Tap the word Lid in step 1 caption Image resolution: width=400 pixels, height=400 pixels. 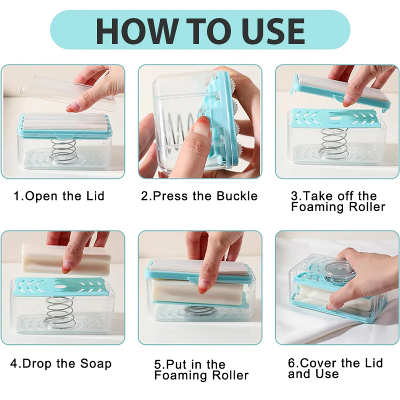(95, 196)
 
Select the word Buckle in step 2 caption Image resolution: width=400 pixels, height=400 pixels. (237, 196)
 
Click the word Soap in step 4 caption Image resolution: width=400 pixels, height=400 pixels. (96, 364)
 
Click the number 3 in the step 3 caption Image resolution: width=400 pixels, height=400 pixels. (294, 196)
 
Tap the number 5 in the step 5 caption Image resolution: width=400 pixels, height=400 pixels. (157, 364)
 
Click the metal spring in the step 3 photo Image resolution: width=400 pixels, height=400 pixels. (333, 143)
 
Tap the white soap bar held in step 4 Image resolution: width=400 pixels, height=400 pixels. (66, 259)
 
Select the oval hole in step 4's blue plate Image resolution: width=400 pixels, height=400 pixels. (60, 286)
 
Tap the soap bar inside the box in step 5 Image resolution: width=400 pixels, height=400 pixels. (196, 291)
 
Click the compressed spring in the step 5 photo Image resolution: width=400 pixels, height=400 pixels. (200, 310)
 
